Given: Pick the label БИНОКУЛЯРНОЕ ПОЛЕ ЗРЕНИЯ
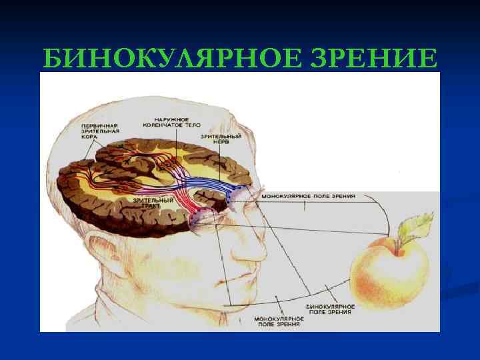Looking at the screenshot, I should tap(331, 309).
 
